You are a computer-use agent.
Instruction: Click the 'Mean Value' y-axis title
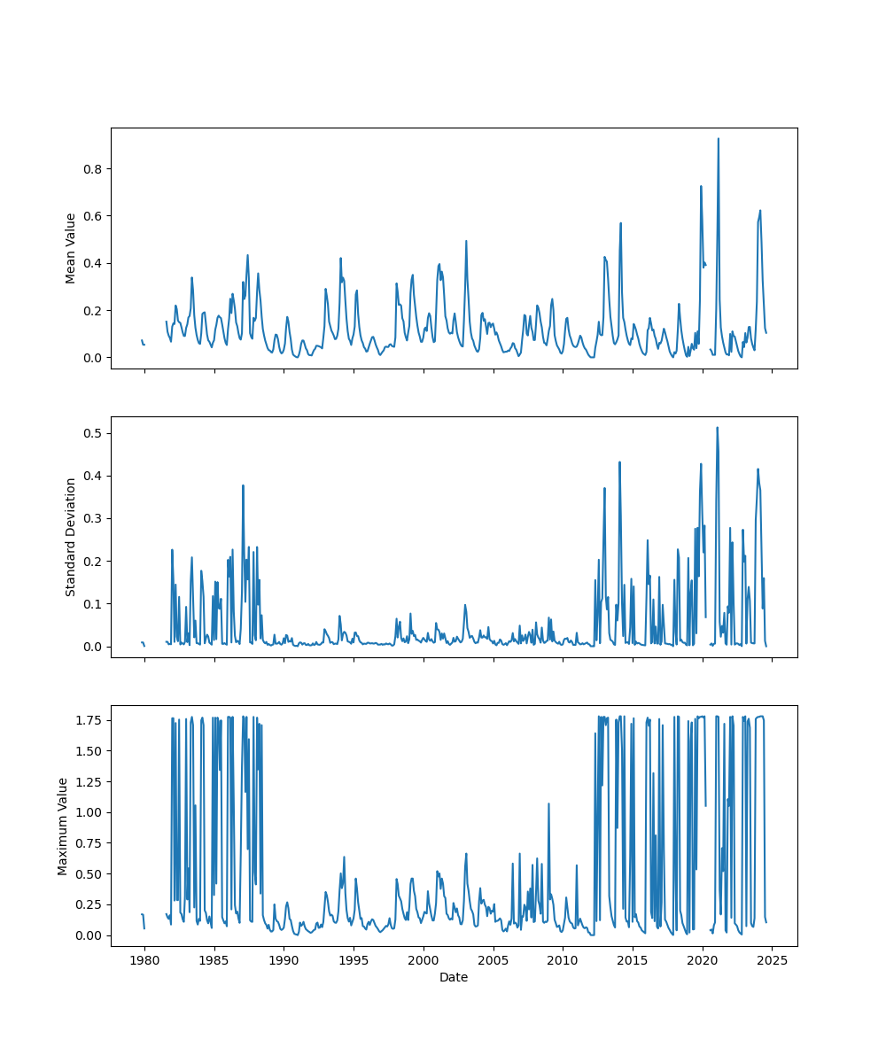(x=71, y=248)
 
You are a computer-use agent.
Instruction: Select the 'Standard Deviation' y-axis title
(x=71, y=537)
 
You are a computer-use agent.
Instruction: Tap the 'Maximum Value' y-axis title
(x=63, y=826)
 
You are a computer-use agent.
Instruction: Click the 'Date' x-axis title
(x=454, y=978)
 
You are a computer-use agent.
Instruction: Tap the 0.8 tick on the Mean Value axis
(x=91, y=169)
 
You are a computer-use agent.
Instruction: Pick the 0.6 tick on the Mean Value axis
(x=91, y=216)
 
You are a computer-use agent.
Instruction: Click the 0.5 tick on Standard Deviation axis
(x=91, y=433)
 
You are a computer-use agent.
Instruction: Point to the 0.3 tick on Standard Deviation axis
(x=91, y=518)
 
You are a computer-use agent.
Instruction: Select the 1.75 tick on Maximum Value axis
(x=88, y=720)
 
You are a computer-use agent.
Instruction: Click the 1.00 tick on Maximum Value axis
(x=88, y=812)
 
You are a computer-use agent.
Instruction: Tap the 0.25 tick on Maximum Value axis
(x=88, y=904)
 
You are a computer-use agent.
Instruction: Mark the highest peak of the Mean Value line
(x=719, y=138)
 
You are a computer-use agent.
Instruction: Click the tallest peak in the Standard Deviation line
(x=717, y=428)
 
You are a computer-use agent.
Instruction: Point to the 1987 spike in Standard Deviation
(x=243, y=485)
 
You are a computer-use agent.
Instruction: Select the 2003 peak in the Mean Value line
(x=466, y=241)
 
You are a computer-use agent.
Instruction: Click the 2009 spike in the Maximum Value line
(x=548, y=803)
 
